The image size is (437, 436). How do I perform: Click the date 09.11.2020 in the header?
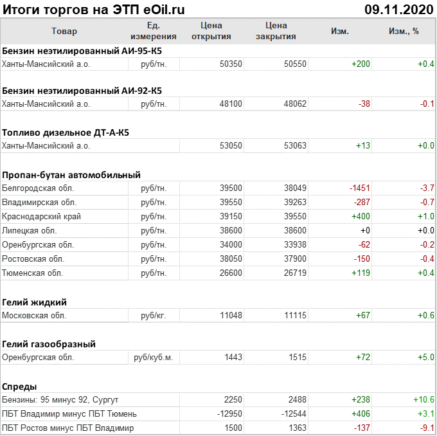[x=398, y=10]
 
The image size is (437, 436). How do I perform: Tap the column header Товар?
[x=64, y=31]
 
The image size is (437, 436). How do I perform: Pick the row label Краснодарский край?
[x=42, y=216]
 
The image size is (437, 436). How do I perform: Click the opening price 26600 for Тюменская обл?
[x=231, y=273]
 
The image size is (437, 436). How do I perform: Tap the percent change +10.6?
[x=426, y=399]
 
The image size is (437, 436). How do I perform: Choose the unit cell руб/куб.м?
[x=154, y=357]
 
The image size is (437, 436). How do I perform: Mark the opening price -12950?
[x=228, y=413]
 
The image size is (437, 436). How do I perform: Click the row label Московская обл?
[x=34, y=315]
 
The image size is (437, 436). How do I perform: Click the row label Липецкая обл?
[x=30, y=230]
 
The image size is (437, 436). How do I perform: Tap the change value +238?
[x=360, y=399]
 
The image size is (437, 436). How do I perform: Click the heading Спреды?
[x=19, y=386]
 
